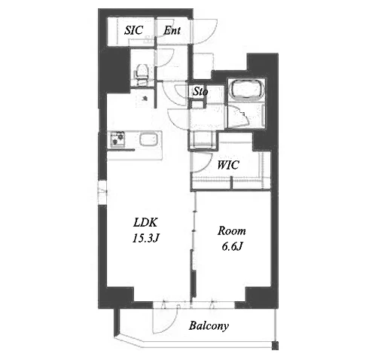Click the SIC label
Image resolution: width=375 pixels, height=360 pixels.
(x=134, y=30)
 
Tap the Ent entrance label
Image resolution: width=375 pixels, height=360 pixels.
(x=172, y=31)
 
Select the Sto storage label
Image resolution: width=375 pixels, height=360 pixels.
(x=200, y=92)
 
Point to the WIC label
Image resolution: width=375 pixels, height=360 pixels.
(x=228, y=165)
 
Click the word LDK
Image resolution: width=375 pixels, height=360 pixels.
(x=145, y=222)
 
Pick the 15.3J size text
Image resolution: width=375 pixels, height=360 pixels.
(x=145, y=238)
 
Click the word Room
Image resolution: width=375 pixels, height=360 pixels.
(x=231, y=231)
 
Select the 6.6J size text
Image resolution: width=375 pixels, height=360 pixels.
(x=232, y=246)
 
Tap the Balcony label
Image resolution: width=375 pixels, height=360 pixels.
(x=209, y=326)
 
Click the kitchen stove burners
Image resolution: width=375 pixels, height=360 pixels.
(x=117, y=139)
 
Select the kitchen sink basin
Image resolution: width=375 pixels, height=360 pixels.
(x=148, y=139)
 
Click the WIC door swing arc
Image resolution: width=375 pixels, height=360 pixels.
(x=203, y=164)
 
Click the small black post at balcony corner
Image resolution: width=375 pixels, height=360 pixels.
(x=275, y=346)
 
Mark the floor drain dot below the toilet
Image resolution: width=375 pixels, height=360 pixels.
(x=145, y=99)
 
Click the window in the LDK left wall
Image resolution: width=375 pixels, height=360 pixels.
(x=102, y=193)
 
